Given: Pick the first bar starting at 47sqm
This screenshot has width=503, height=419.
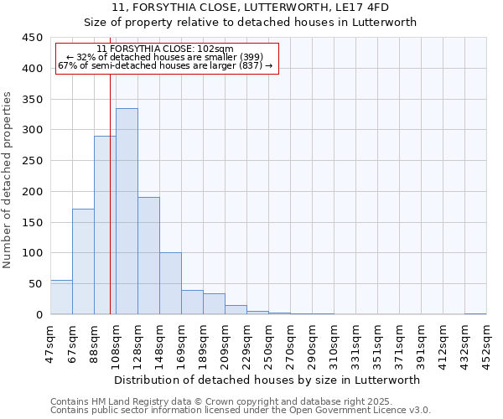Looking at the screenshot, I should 61,297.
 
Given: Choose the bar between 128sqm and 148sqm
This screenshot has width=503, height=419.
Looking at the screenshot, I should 148,256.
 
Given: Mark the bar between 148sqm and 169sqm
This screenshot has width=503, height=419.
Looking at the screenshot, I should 170,283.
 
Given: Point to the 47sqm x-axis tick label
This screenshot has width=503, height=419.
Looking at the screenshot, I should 50,341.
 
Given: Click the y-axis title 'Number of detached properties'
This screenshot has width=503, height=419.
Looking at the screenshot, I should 8,180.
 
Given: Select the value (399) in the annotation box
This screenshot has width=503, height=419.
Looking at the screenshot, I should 248,57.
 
